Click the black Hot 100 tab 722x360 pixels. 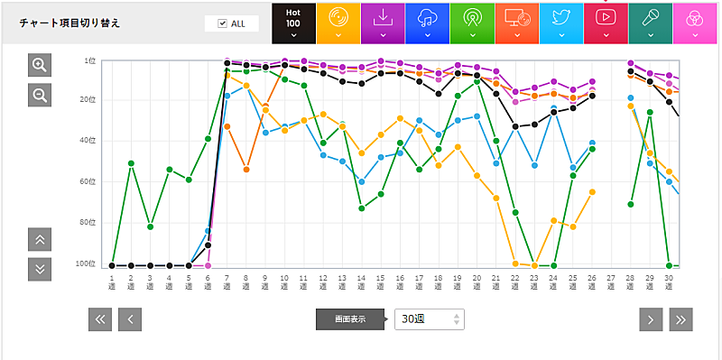[x=293, y=23]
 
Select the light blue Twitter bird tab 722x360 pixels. [x=560, y=23]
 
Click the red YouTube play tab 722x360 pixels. [x=606, y=23]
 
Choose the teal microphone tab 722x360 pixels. [x=650, y=23]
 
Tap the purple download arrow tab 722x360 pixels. [x=383, y=23]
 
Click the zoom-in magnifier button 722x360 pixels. [x=40, y=65]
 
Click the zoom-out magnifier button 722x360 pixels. [x=40, y=95]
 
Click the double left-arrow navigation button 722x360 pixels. [x=100, y=318]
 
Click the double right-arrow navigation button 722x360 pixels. [x=680, y=318]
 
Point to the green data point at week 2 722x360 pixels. [x=131, y=163]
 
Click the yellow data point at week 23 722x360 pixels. [x=534, y=265]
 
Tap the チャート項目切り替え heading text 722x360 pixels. [x=69, y=23]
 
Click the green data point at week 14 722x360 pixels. [x=361, y=208]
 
